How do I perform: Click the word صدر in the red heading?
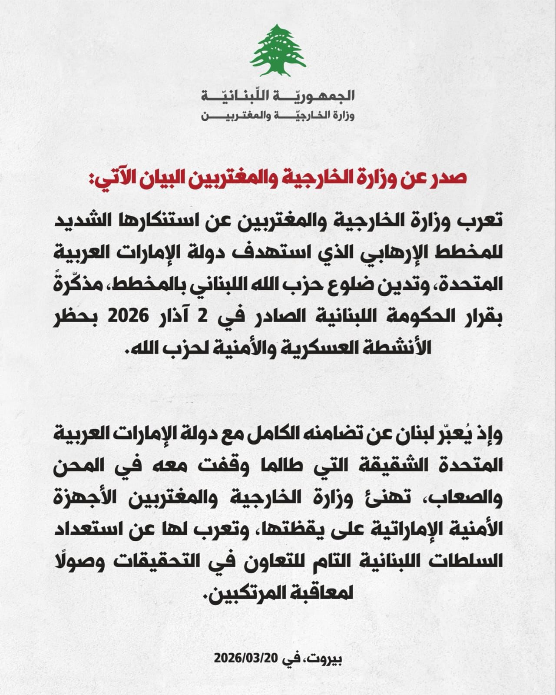[x=452, y=179]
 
